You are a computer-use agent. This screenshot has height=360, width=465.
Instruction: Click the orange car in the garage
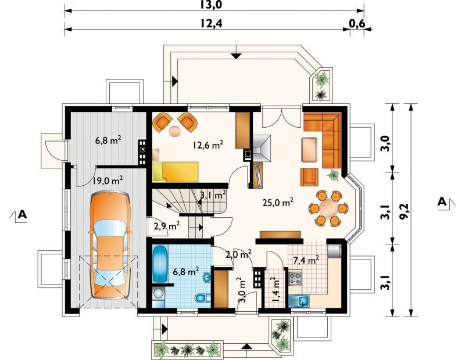(110, 244)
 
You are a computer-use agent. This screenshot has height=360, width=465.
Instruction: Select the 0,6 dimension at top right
(357, 23)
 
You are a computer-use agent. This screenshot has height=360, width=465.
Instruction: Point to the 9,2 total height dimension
(404, 211)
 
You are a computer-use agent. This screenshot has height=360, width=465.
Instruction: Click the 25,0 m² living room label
(278, 203)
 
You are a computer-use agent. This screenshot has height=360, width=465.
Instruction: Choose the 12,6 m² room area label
(208, 145)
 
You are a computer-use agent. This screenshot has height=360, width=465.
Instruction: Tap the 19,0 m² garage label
(108, 180)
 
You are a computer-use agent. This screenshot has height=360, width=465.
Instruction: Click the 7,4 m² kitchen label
(306, 260)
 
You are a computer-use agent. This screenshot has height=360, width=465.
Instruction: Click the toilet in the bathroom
(202, 297)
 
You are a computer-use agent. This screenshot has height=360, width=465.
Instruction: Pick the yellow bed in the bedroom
(176, 171)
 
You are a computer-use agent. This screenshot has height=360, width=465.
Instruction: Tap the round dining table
(328, 208)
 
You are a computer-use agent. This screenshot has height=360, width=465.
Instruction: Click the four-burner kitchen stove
(295, 279)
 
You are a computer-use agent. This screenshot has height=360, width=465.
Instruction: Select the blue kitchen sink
(299, 301)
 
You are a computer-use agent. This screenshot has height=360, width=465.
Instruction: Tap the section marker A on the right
(442, 202)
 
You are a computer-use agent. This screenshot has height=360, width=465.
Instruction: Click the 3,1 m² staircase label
(213, 195)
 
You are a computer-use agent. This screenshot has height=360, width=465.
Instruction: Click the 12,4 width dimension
(210, 23)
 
